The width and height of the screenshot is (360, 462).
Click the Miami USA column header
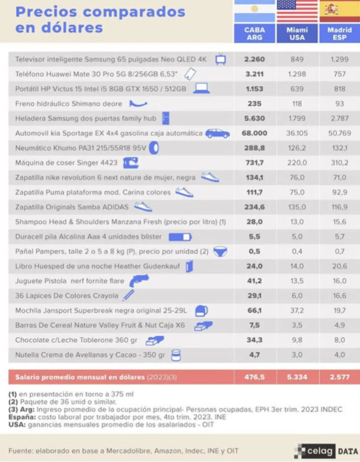(x=297, y=34)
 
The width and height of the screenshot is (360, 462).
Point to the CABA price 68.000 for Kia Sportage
(x=255, y=133)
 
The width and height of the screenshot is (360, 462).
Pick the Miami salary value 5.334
(x=297, y=377)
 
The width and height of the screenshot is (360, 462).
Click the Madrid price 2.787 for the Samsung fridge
(x=340, y=118)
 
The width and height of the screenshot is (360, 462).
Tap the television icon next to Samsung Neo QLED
(x=221, y=59)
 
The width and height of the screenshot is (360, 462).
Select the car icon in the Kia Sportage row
(x=217, y=133)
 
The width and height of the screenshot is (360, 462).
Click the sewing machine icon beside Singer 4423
(x=131, y=163)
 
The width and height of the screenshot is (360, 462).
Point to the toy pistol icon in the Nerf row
(x=139, y=281)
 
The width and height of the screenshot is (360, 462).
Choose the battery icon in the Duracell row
(x=180, y=236)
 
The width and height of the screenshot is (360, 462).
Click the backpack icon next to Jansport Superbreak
(x=201, y=310)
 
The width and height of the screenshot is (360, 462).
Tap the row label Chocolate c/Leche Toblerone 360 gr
(x=76, y=340)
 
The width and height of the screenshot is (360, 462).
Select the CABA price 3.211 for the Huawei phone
(x=255, y=74)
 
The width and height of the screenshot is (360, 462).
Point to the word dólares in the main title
(x=59, y=28)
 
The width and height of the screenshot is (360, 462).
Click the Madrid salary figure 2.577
(x=340, y=377)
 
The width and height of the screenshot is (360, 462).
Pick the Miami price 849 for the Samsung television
(x=297, y=59)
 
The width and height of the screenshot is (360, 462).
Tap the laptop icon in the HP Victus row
(x=201, y=88)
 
